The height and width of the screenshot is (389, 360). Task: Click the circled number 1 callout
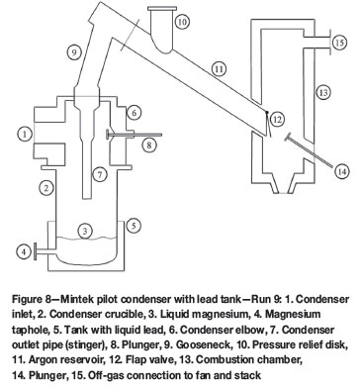[x=25, y=135]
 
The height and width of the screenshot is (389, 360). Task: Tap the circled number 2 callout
[x=46, y=188]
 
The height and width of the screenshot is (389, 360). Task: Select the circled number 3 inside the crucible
[x=85, y=231]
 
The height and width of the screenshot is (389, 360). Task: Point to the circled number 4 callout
[x=24, y=252]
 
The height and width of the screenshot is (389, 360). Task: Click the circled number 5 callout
[x=134, y=226]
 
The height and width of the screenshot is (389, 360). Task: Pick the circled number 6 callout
[x=135, y=113]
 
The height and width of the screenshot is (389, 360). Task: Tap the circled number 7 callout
[x=100, y=174]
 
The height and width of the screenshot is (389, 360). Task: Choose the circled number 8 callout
[x=149, y=145]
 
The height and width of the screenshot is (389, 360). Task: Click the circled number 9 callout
[x=74, y=51]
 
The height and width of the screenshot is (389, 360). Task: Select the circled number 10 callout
[x=182, y=22]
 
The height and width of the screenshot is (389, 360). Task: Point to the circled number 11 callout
[x=219, y=69]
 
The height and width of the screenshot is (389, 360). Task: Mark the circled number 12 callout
[x=277, y=119]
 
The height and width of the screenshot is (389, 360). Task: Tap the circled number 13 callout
[x=323, y=92]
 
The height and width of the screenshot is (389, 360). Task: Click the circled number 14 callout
[x=342, y=171]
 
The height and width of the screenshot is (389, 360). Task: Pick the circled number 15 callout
[x=339, y=43]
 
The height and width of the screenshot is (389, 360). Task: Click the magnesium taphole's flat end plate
[x=36, y=252]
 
